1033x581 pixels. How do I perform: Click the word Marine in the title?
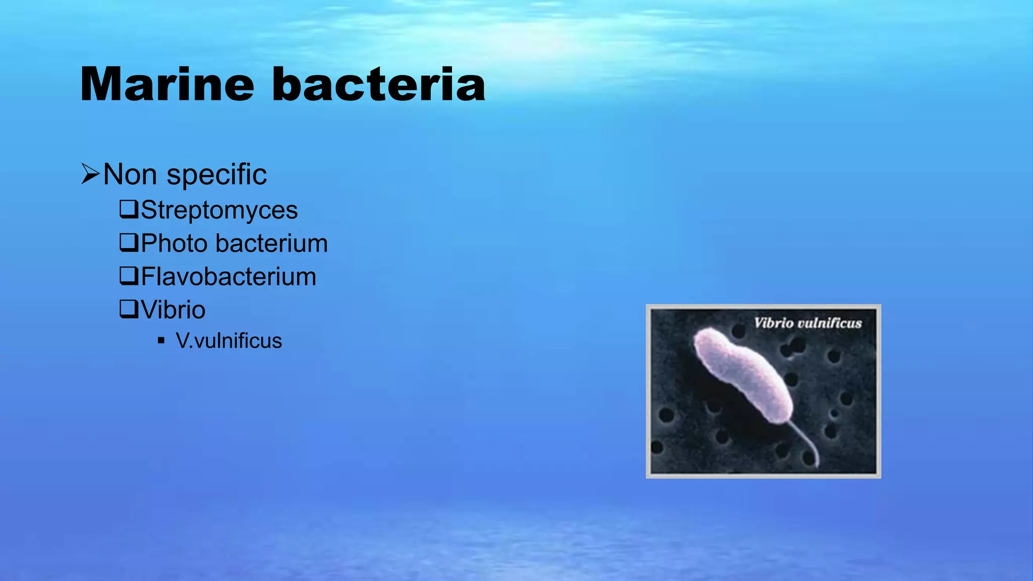click(167, 84)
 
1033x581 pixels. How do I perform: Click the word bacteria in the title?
click(378, 84)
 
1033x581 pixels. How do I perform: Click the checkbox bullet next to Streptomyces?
click(129, 209)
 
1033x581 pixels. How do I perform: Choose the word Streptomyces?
click(219, 210)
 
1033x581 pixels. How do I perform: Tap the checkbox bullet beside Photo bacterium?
click(129, 242)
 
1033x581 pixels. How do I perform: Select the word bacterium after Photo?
click(272, 243)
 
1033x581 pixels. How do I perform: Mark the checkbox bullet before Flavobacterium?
click(129, 275)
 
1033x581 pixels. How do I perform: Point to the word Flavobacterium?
click(228, 276)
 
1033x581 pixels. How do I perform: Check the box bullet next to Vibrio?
click(129, 309)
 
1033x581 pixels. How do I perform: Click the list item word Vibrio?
click(173, 310)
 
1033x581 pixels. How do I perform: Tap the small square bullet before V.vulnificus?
click(161, 340)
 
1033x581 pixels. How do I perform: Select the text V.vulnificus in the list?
click(228, 341)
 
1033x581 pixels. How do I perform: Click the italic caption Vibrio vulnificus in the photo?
click(808, 323)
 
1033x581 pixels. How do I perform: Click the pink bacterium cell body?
click(741, 373)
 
